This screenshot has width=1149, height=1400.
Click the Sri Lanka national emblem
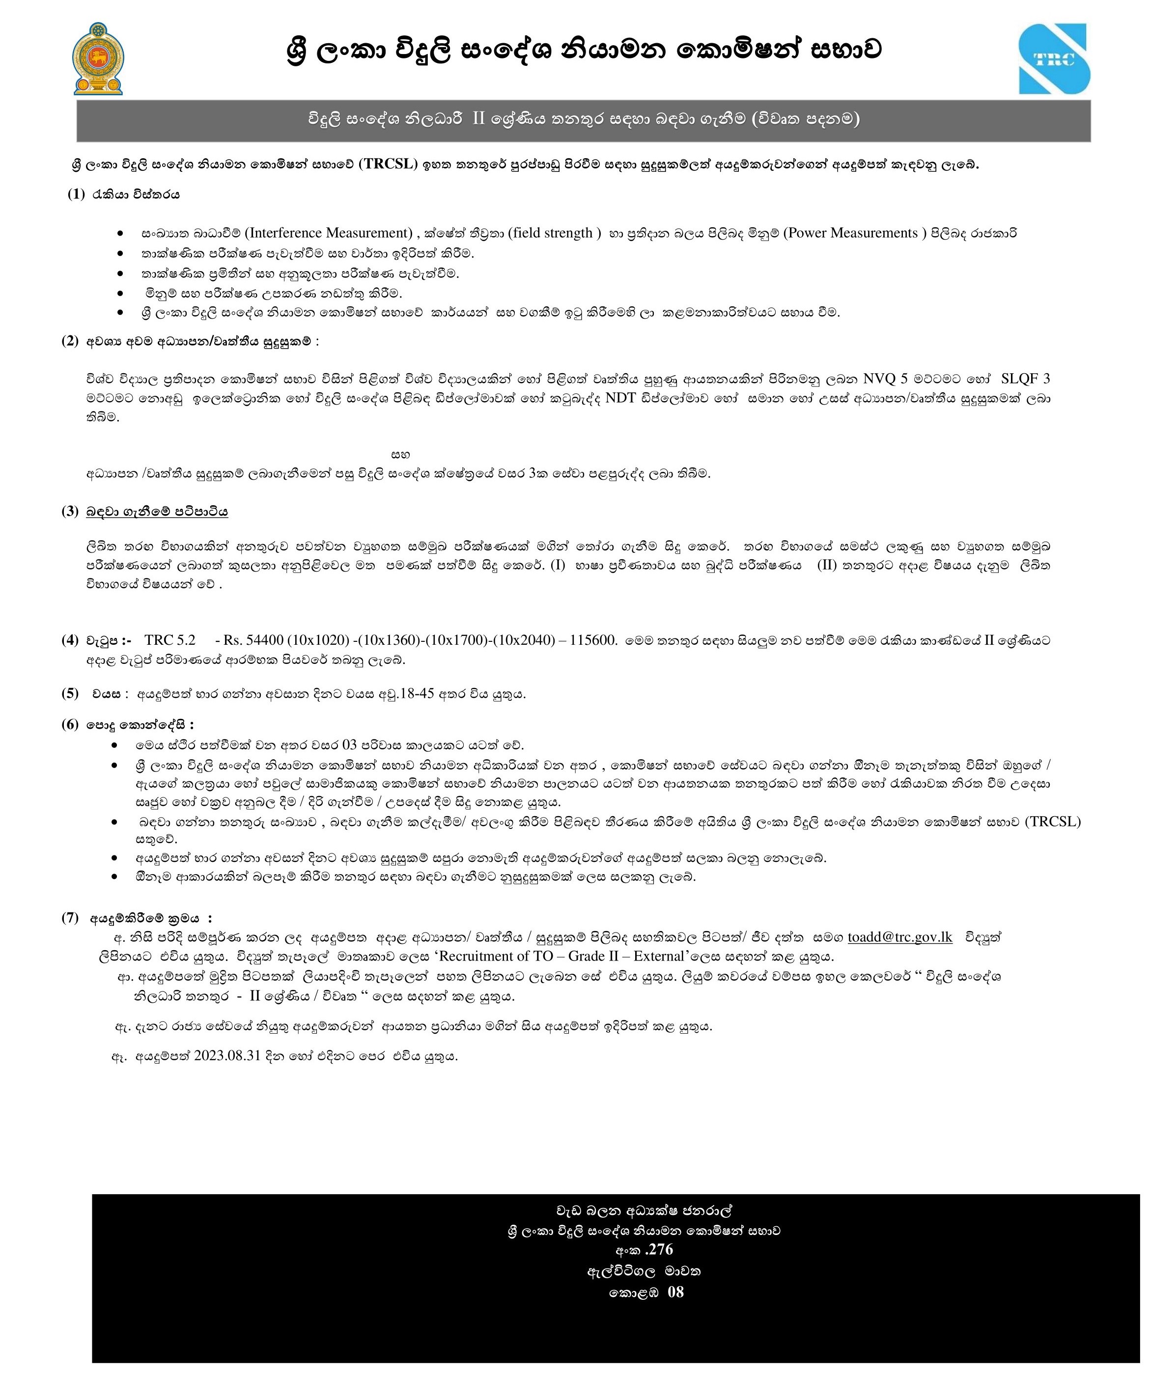[98, 59]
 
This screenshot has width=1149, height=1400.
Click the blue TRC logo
[1054, 59]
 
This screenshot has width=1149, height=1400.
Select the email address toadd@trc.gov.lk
[899, 937]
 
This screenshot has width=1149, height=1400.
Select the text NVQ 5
[885, 379]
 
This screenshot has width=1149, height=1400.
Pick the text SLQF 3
[1025, 379]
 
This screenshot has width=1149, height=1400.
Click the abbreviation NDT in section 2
[620, 398]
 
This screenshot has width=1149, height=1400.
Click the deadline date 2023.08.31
[227, 1055]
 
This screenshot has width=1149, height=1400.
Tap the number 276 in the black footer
[660, 1249]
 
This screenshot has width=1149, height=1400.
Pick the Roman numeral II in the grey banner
[478, 119]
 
